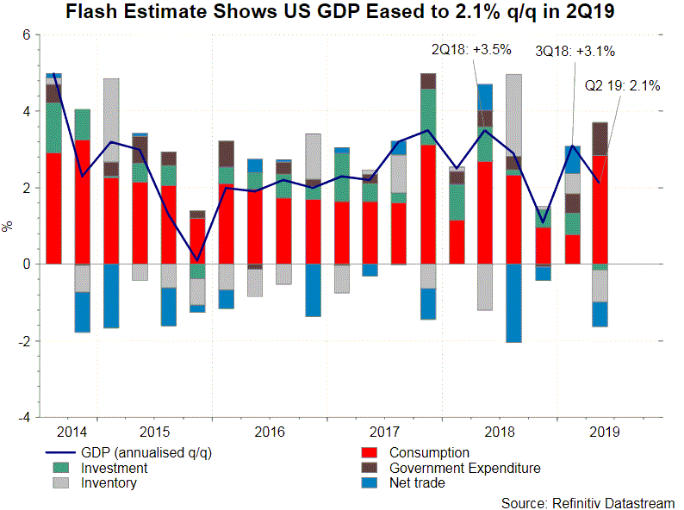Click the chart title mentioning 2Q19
point(341,14)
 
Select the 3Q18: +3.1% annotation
point(575,51)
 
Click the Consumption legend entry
point(429,453)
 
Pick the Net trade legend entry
point(417,483)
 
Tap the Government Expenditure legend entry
point(465,469)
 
